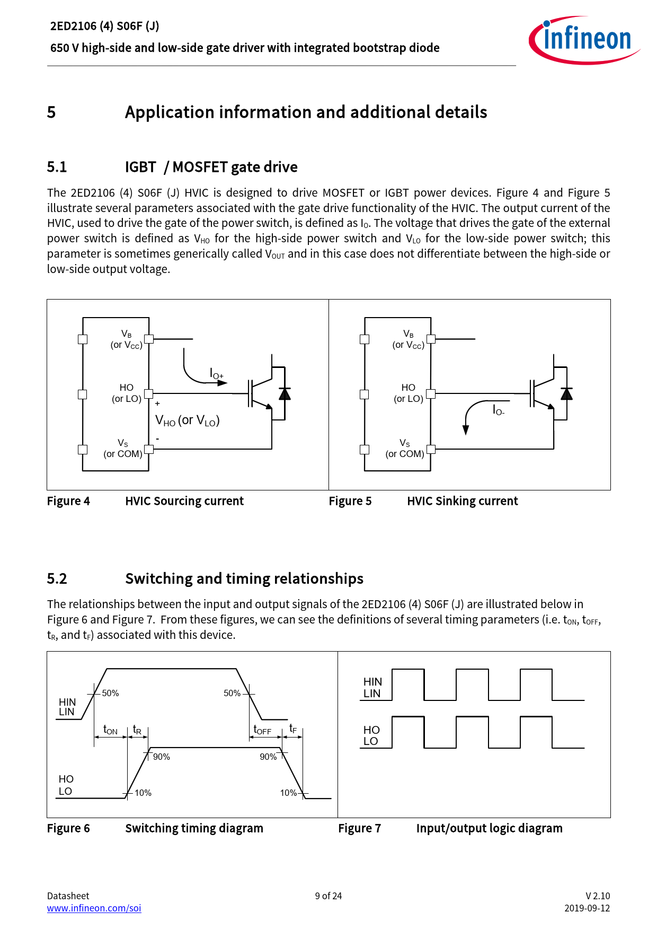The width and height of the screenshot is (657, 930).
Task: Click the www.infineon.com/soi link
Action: pos(94,908)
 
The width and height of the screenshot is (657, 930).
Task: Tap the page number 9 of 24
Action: pos(328,896)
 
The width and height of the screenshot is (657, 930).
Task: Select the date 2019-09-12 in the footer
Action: pos(587,908)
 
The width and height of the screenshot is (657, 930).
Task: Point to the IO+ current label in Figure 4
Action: pos(216,374)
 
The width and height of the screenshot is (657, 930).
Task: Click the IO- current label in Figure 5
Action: pos(498,410)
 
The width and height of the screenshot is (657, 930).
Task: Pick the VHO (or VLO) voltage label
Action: pos(187,420)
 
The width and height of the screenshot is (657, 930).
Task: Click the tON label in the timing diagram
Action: pos(110,730)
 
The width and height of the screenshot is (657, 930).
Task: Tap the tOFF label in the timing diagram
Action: pos(262,730)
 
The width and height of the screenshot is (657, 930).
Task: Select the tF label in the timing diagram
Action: pos(293,729)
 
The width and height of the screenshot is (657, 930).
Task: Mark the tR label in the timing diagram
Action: pos(137,730)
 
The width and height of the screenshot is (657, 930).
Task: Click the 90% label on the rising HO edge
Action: pos(162,757)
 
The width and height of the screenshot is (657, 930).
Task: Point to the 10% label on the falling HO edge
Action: pos(288,793)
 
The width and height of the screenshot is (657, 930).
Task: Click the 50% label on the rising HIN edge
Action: pos(110,693)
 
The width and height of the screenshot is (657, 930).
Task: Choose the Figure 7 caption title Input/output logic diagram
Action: pos(489,828)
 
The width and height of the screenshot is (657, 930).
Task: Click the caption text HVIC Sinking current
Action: pos(462,501)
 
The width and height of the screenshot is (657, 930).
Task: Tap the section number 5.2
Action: pos(57,578)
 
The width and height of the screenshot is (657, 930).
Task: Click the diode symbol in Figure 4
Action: pos(285,393)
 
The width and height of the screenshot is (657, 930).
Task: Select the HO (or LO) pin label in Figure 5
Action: pos(408,393)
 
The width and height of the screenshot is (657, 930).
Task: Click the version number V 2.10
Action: pos(597,896)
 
